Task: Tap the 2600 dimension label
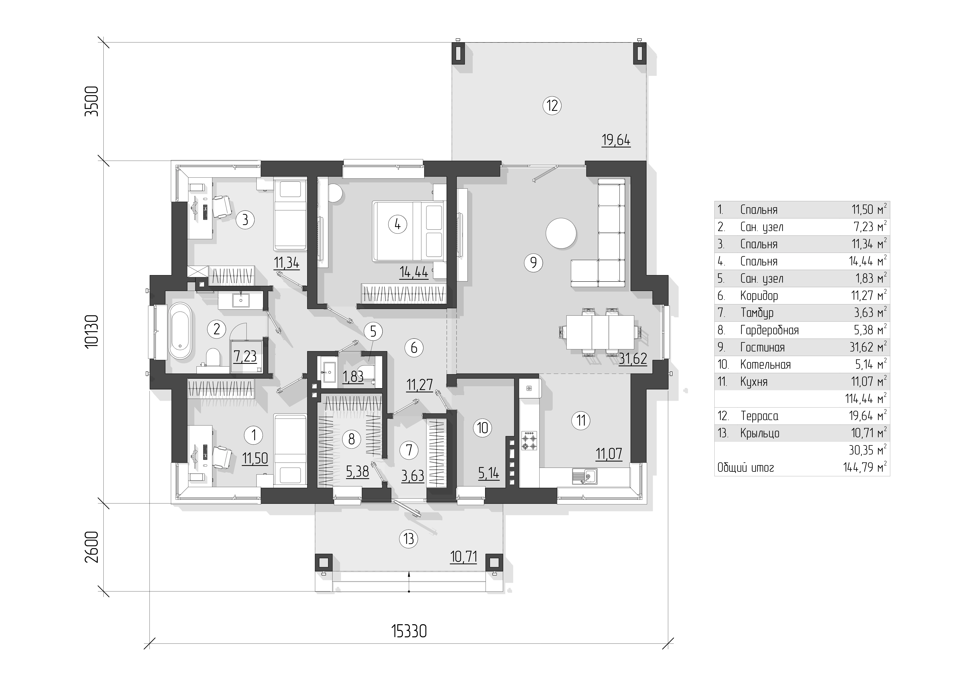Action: [x=92, y=547]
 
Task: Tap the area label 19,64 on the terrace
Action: [x=616, y=140]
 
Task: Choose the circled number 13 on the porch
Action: [x=408, y=539]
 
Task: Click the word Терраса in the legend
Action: [x=759, y=416]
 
